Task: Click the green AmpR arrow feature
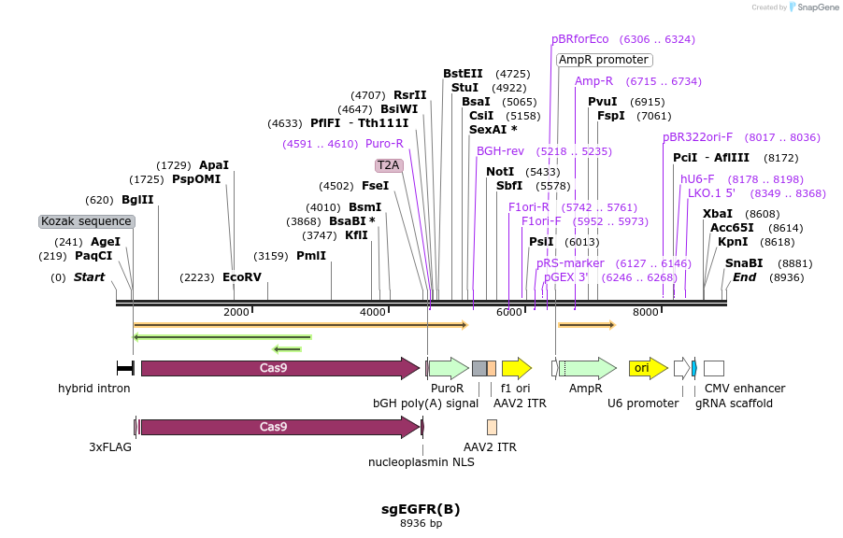coord(587,368)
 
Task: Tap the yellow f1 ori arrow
coord(516,368)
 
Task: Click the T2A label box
coord(388,165)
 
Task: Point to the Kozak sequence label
coord(87,221)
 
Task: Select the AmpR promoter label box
coord(604,60)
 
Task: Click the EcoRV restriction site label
coord(242,277)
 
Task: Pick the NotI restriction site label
coord(500,172)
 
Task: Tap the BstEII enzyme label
coord(463,74)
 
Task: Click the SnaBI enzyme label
coord(744,263)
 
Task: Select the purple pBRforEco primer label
coord(579,39)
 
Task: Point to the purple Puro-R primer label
coord(384,144)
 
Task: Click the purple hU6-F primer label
coord(697,179)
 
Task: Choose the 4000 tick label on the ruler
coord(373,312)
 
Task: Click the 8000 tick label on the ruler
coord(646,312)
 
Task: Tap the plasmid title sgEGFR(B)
coord(421,509)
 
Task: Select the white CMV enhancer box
coord(714,368)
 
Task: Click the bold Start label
coord(90,277)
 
